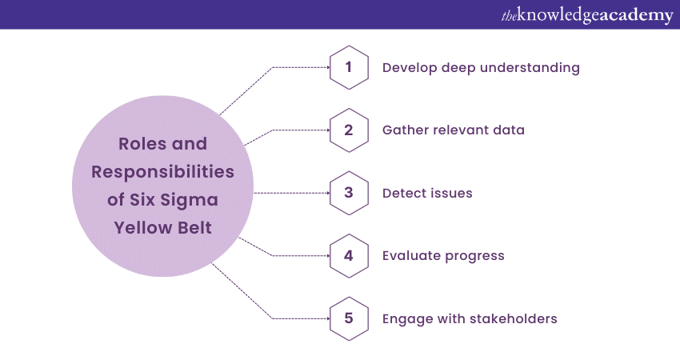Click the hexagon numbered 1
[x=349, y=67]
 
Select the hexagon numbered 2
[x=349, y=130]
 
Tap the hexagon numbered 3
[x=349, y=193]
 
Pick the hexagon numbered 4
[x=349, y=256]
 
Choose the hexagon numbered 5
[x=349, y=318]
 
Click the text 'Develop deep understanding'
[x=481, y=68]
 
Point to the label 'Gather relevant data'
[x=454, y=130]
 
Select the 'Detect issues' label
[x=427, y=193]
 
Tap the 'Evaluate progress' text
[x=443, y=256]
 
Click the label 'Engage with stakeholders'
[x=470, y=319]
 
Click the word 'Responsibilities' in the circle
[x=162, y=172]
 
